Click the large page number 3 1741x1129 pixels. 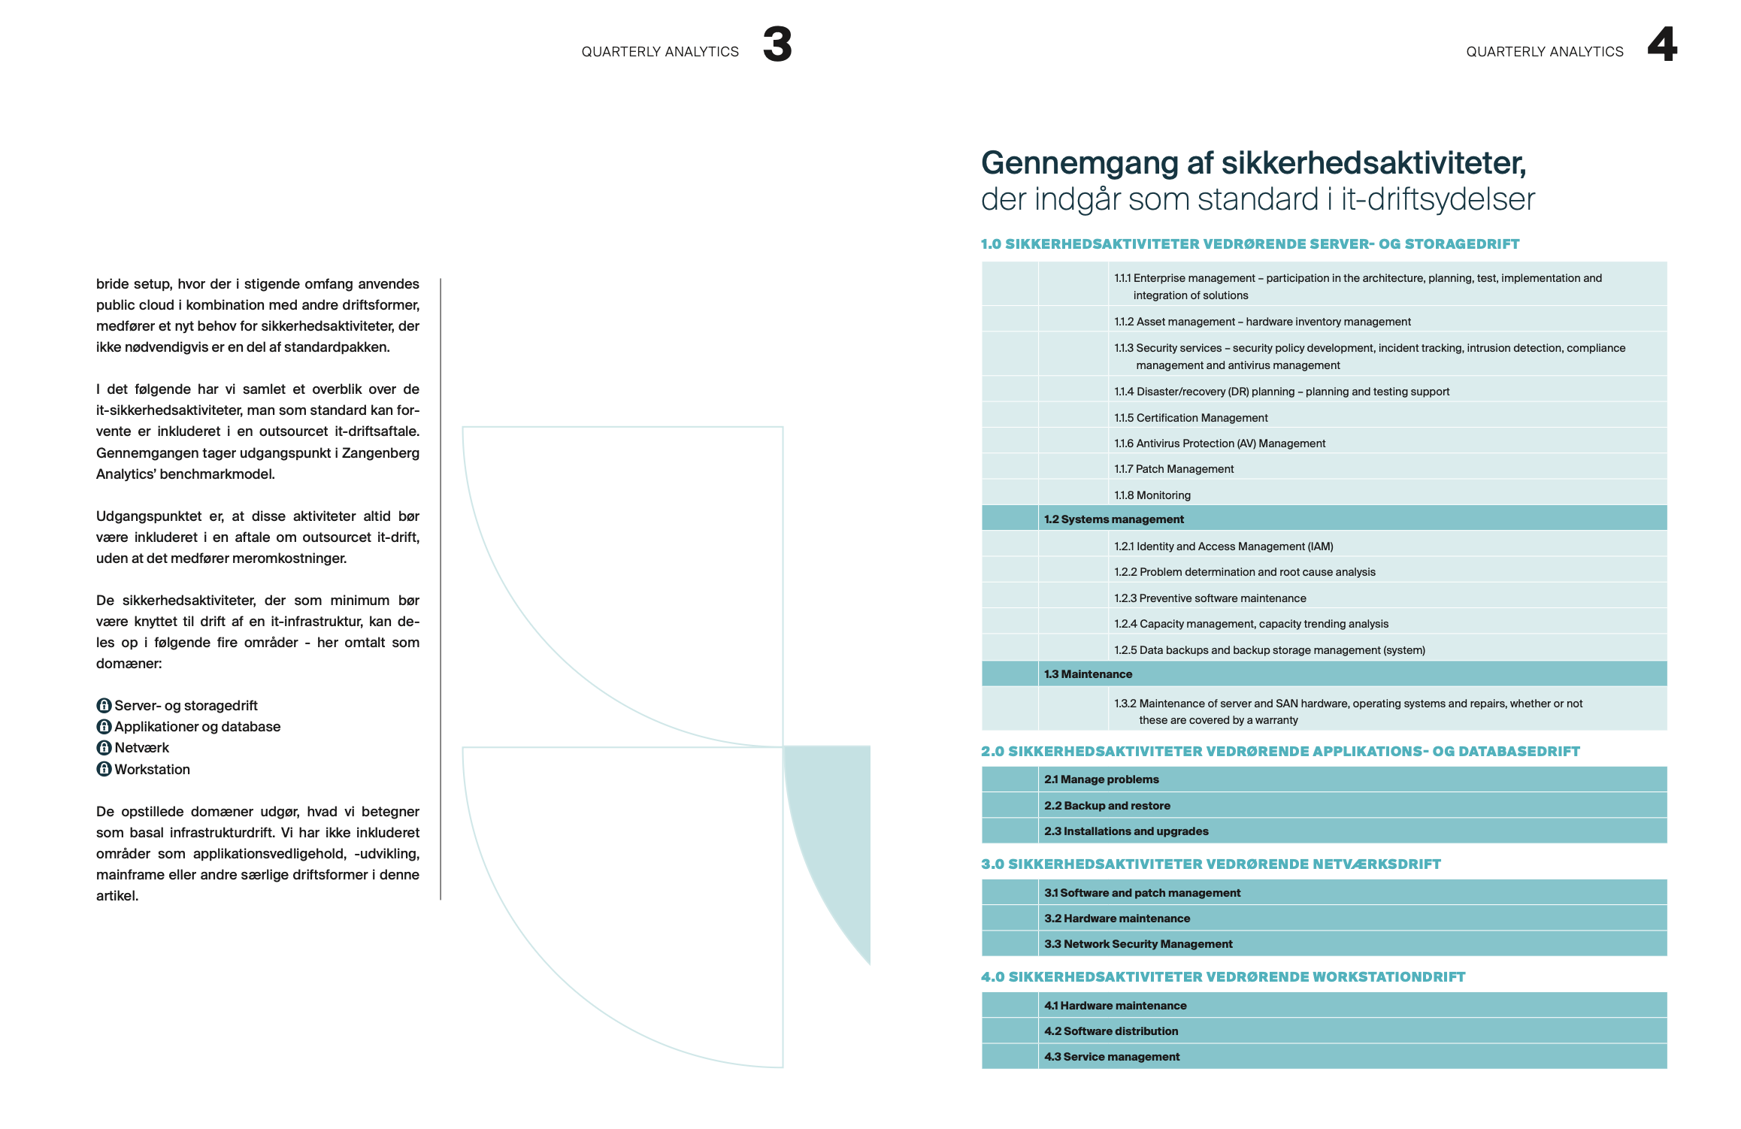(777, 44)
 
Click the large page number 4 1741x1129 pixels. (1662, 44)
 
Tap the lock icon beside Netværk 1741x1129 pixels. (104, 748)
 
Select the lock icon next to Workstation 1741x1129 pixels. (104, 769)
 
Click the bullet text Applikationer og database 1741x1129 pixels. (197, 727)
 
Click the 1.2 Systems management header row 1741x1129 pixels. (1113, 519)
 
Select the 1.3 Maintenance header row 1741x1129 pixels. (1088, 674)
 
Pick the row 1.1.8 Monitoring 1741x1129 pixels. (1152, 495)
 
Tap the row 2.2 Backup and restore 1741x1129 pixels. (1107, 806)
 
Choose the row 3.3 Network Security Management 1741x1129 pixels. (1138, 944)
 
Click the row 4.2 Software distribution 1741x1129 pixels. (1110, 1031)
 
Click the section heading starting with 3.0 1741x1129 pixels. (1210, 864)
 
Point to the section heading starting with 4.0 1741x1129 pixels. (1222, 977)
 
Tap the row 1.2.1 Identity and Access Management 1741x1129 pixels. (1223, 546)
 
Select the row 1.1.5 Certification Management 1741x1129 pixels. (1191, 418)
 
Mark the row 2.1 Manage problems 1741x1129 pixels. (1101, 779)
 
